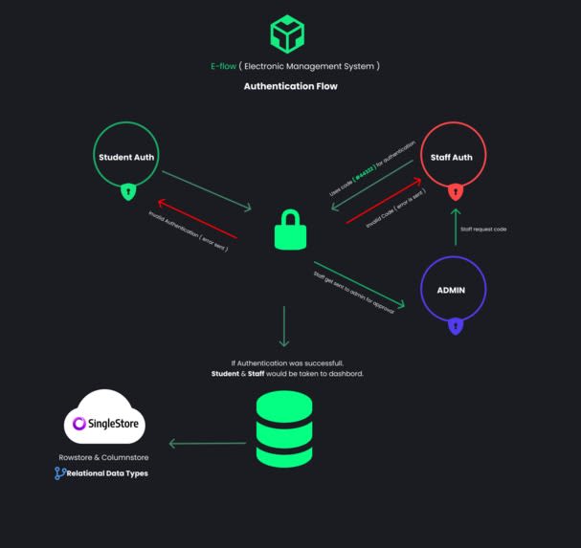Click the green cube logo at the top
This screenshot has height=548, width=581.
tap(287, 33)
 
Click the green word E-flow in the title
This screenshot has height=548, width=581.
tap(223, 66)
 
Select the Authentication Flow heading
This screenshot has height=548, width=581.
tap(290, 86)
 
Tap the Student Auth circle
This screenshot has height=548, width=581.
tap(126, 156)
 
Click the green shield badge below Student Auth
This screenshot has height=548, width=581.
tap(127, 191)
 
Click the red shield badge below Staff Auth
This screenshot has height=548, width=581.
tap(456, 191)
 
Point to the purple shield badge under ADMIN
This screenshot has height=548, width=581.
tap(456, 325)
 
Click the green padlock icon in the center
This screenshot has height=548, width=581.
tap(290, 230)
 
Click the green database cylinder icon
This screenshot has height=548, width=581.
tap(284, 429)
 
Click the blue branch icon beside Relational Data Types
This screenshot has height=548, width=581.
tap(59, 473)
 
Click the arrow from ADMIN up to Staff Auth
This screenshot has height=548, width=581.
tap(456, 227)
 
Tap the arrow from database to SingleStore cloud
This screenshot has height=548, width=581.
tap(208, 443)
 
